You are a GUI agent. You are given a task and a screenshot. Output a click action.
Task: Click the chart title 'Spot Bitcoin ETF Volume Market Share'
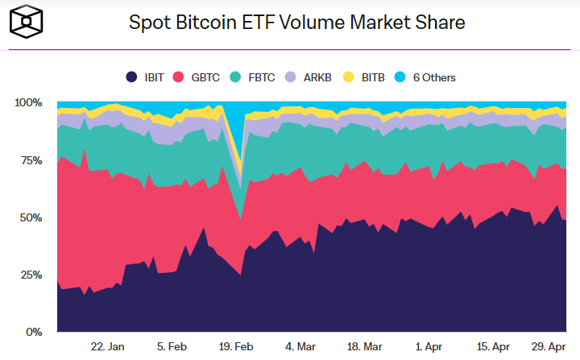297,23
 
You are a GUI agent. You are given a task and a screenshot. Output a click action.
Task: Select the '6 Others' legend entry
427,77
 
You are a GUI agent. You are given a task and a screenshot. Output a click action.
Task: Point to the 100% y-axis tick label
27,103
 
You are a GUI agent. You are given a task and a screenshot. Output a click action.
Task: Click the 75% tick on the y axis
31,160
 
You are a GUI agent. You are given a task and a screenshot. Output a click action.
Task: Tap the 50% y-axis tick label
31,217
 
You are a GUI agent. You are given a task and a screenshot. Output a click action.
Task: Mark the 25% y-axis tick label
31,275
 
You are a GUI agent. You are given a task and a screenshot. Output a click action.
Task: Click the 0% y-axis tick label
33,332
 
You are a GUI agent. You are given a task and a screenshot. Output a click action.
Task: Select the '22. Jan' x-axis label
107,346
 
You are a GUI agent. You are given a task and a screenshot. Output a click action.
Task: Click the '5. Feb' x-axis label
173,346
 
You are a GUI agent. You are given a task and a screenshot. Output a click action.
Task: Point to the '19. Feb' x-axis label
236,346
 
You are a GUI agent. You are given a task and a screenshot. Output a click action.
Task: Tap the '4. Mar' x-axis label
299,346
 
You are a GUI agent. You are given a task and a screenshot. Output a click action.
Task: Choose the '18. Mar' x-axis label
364,346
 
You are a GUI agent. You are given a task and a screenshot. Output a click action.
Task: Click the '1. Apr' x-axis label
429,346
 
